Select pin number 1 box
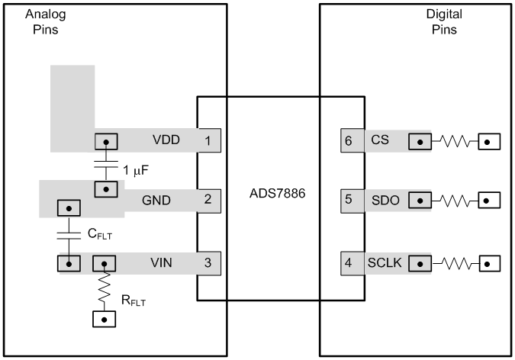(206, 141)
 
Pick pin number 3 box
(206, 263)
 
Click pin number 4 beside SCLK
(348, 263)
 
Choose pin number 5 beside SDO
(348, 201)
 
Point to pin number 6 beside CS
(348, 141)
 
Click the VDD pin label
(166, 141)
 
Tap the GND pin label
(156, 201)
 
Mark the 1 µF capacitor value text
(137, 168)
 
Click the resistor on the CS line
(455, 141)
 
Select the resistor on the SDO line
(455, 201)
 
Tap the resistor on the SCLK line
(455, 263)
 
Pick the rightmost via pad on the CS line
(488, 141)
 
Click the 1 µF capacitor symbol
(105, 165)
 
